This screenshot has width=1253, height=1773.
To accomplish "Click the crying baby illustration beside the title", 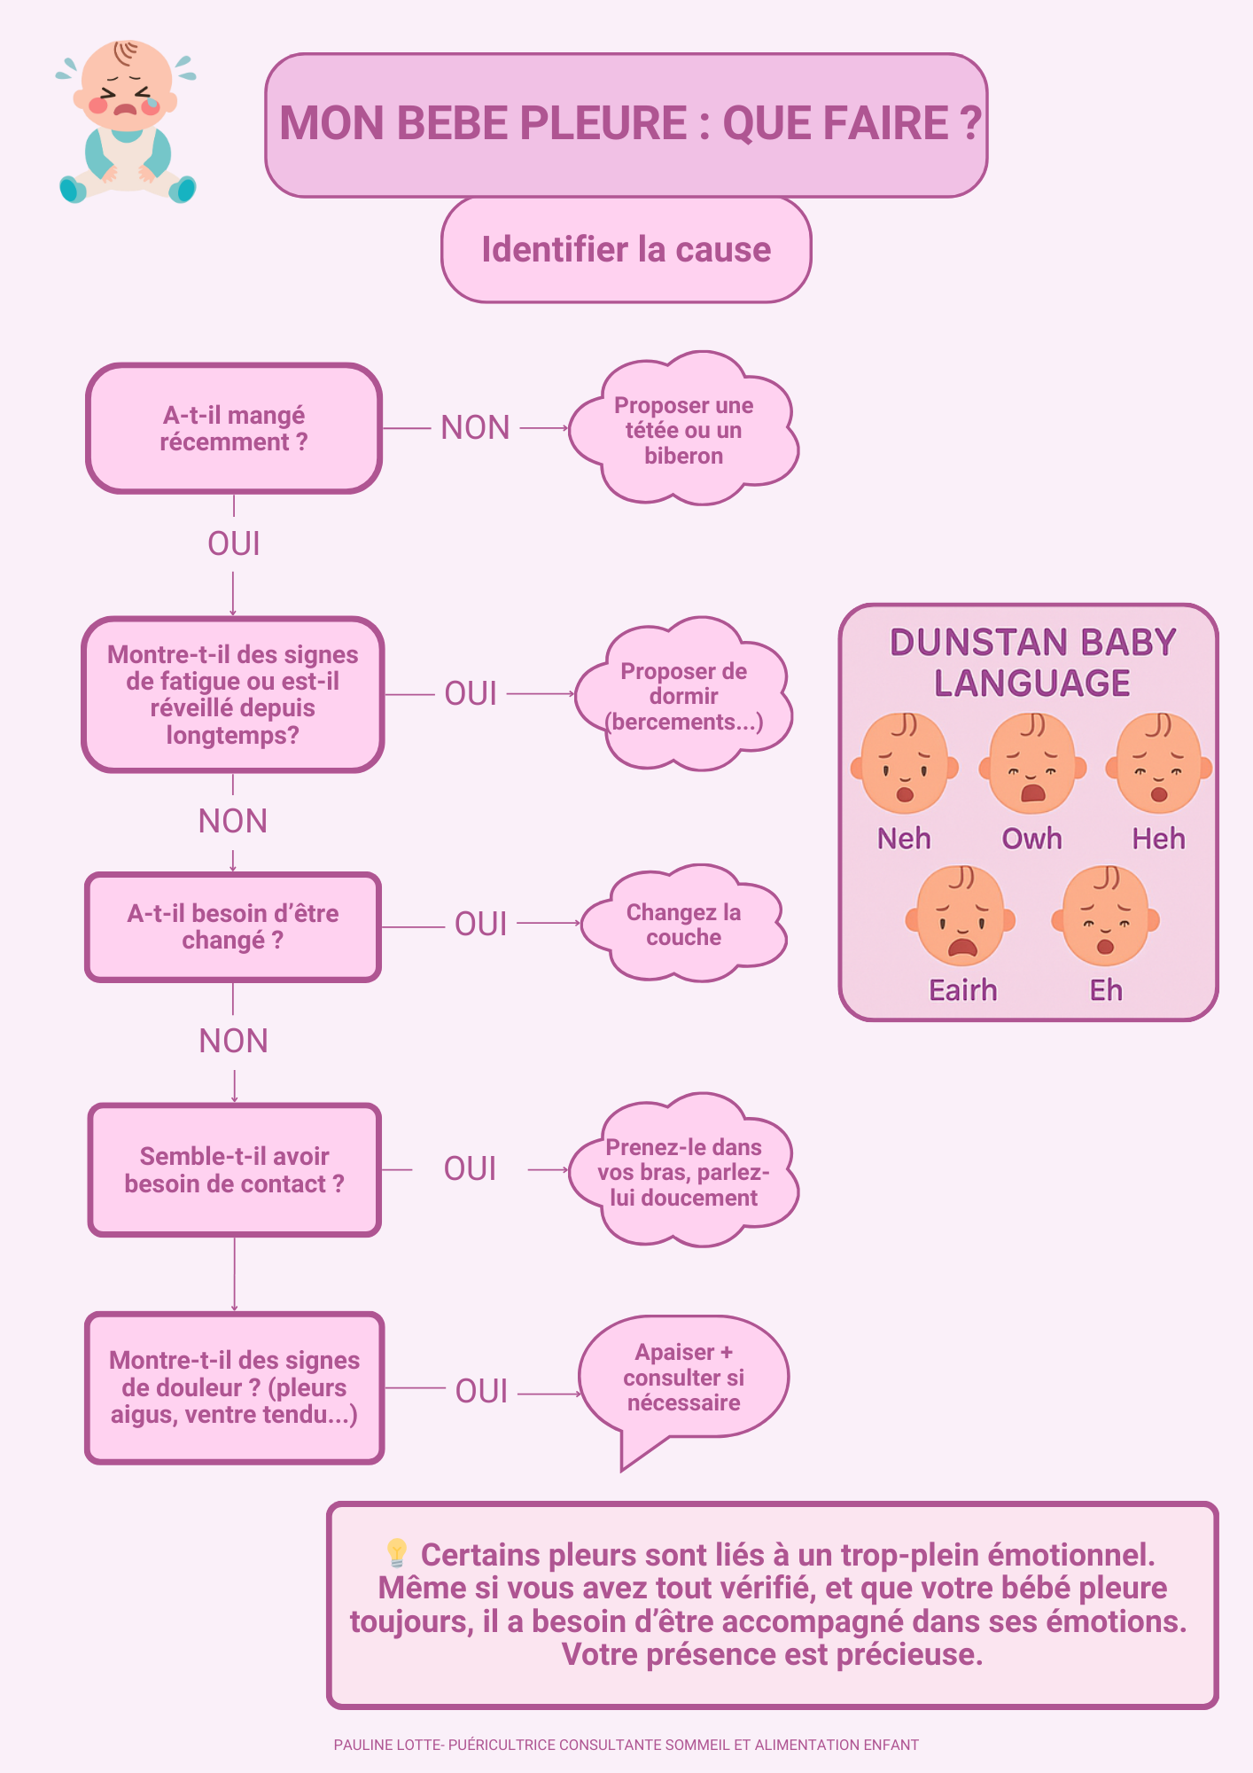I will point(127,122).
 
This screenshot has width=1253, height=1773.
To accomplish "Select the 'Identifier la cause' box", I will point(626,249).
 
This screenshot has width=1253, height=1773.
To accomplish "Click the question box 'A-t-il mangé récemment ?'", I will point(234,428).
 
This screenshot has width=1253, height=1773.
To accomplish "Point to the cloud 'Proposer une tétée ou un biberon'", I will point(683,430).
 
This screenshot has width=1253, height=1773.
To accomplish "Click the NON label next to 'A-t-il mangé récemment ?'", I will point(476,427).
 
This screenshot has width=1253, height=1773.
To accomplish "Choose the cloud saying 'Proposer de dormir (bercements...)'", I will point(683,696).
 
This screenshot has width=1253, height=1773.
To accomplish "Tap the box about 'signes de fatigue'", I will point(233,694).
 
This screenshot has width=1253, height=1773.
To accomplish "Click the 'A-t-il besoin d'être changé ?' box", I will point(233,926).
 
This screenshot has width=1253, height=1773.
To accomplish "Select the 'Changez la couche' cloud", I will point(683,925).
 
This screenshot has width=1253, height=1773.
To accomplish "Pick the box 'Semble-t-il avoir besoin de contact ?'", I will point(235,1169).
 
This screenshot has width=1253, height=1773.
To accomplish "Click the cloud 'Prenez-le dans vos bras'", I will point(683,1172).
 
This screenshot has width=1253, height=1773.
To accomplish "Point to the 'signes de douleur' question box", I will point(235,1387).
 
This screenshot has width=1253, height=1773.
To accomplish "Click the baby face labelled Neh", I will point(905,764).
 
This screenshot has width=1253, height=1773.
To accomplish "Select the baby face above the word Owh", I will point(1032,764).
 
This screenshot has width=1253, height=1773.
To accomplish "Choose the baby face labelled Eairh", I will point(961,917).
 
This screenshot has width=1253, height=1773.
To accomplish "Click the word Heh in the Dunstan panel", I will point(1158,839).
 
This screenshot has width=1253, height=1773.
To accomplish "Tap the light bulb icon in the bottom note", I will point(396,1553).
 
